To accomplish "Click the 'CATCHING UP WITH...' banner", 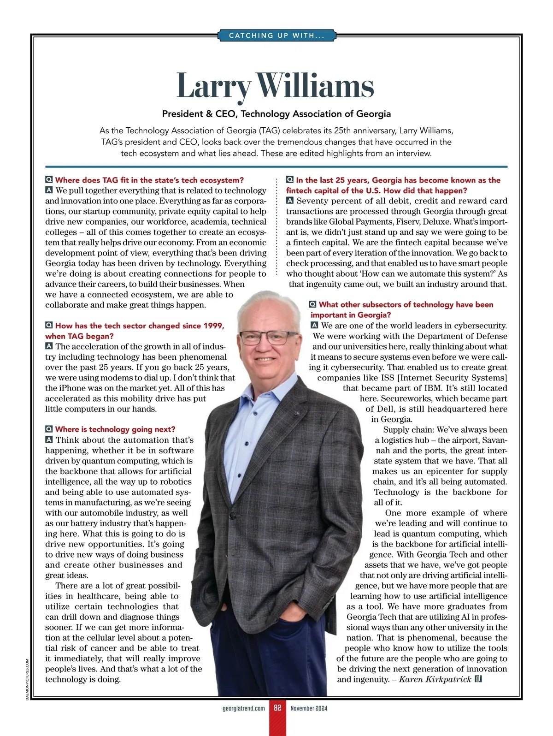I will click(x=276, y=36).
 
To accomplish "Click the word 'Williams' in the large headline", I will click(x=315, y=86).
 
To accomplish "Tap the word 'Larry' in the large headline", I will click(x=214, y=86).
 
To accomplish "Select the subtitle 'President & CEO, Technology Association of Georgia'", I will click(x=276, y=114).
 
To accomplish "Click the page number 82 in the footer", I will click(x=277, y=708).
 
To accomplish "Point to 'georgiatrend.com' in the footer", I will click(x=244, y=708).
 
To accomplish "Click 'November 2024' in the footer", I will click(x=309, y=708).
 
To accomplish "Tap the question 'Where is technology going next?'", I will click(x=115, y=429).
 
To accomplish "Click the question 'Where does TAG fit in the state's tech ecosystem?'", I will click(x=149, y=180).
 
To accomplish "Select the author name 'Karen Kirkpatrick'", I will click(x=435, y=679).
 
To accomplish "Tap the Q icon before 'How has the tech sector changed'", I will click(x=49, y=326).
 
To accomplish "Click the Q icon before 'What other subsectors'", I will click(x=313, y=304).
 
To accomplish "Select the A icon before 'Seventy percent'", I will click(x=290, y=201).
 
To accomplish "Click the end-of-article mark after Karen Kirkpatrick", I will click(x=478, y=679).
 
